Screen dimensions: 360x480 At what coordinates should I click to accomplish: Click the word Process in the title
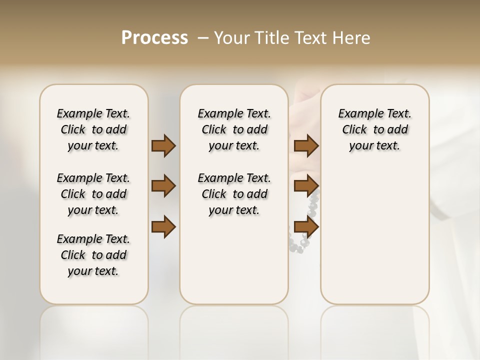pos(154,38)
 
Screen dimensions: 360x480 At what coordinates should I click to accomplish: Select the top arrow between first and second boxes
pos(163,146)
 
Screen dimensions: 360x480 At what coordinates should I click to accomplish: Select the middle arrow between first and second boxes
pos(163,186)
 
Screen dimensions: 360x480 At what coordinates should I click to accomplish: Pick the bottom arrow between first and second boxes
pos(163,227)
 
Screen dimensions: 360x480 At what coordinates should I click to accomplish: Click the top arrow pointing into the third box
pos(306,146)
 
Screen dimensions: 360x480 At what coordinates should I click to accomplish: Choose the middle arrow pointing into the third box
pos(306,186)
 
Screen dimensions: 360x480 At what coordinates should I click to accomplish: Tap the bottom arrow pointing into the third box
pos(306,227)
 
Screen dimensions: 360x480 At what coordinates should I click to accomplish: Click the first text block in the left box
pos(93,129)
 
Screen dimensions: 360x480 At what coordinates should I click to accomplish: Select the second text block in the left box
pos(93,194)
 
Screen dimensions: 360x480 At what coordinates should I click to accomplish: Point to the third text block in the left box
pos(93,255)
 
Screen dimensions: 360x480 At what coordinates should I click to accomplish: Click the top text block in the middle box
pos(234,129)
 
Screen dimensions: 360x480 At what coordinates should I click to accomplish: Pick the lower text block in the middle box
pos(234,194)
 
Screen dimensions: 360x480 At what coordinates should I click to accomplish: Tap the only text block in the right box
pos(374,129)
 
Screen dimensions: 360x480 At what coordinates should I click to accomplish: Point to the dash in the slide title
pos(203,38)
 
